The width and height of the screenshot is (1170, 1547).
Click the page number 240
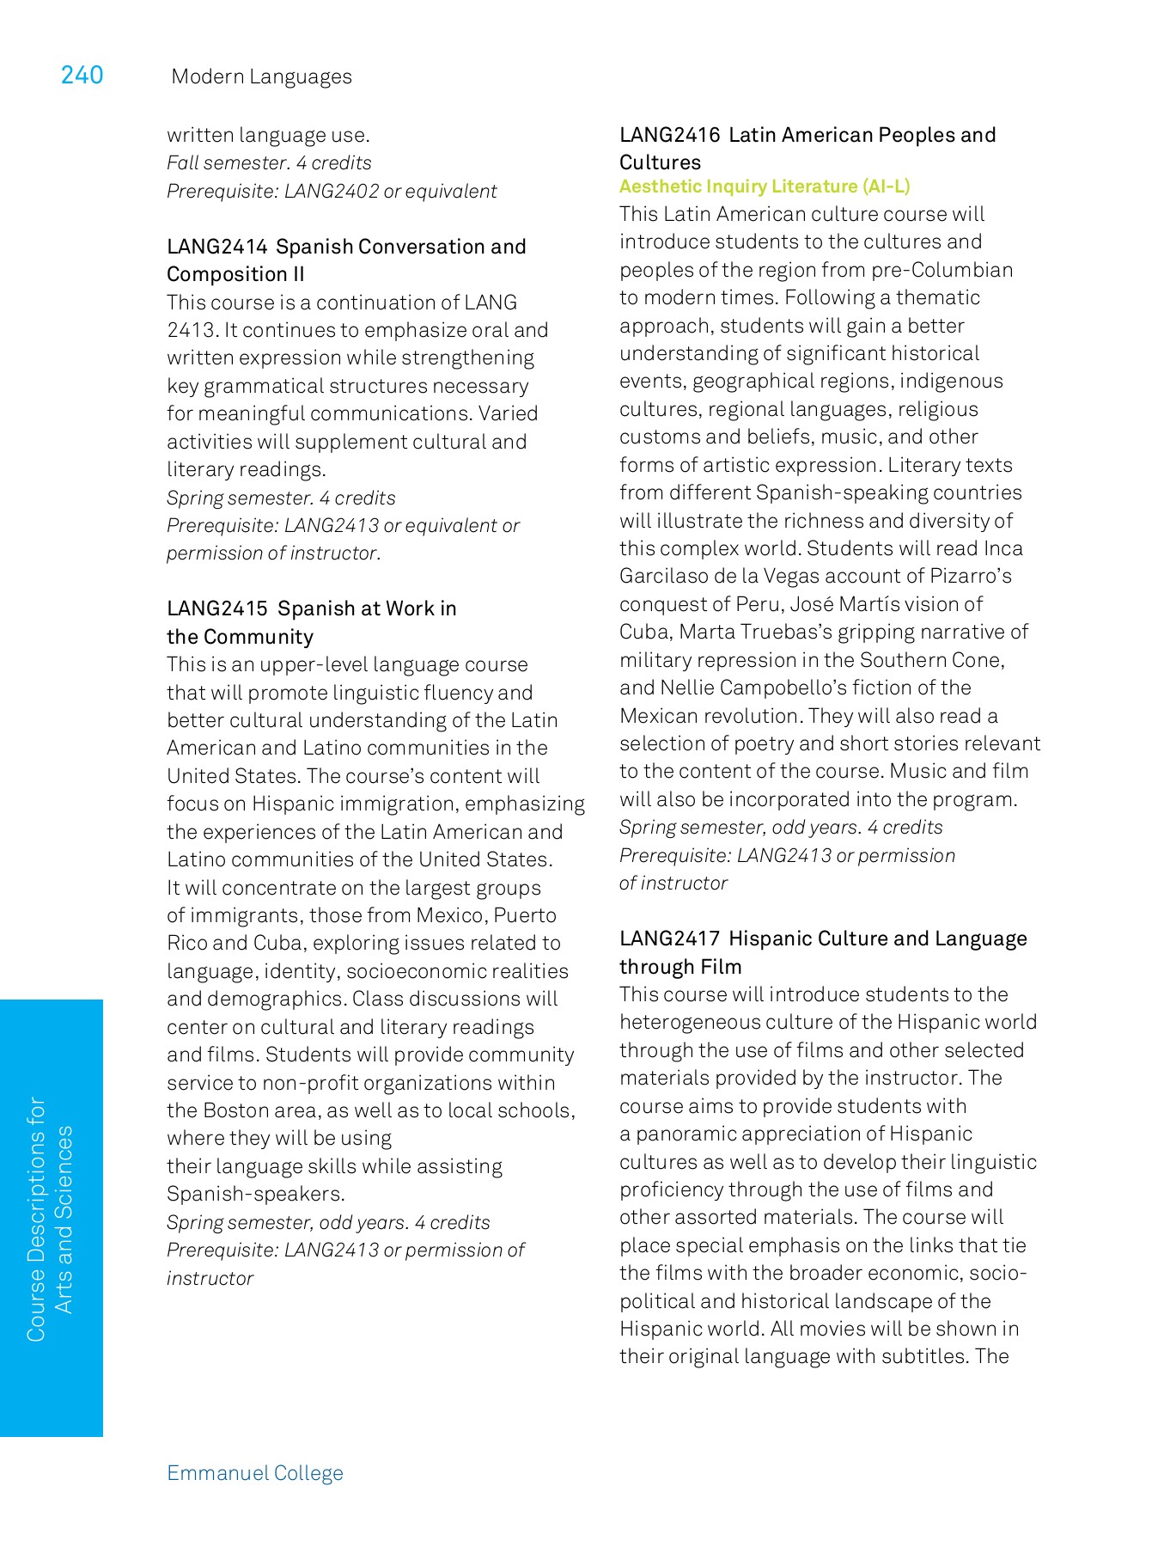82,76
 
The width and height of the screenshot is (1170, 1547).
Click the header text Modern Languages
261,76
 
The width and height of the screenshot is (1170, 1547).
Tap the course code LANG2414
217,247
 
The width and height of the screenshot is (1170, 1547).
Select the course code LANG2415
217,608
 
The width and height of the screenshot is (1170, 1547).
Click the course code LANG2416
669,135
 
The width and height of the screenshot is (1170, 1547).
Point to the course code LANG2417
669,939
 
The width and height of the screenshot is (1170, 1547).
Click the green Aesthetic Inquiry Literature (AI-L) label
765,186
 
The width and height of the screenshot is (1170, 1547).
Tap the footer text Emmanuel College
255,1473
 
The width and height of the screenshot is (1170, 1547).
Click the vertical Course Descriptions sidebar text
49,1219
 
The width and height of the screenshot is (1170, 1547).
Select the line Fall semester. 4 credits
269,163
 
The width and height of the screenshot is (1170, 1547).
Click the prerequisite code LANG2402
332,191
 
